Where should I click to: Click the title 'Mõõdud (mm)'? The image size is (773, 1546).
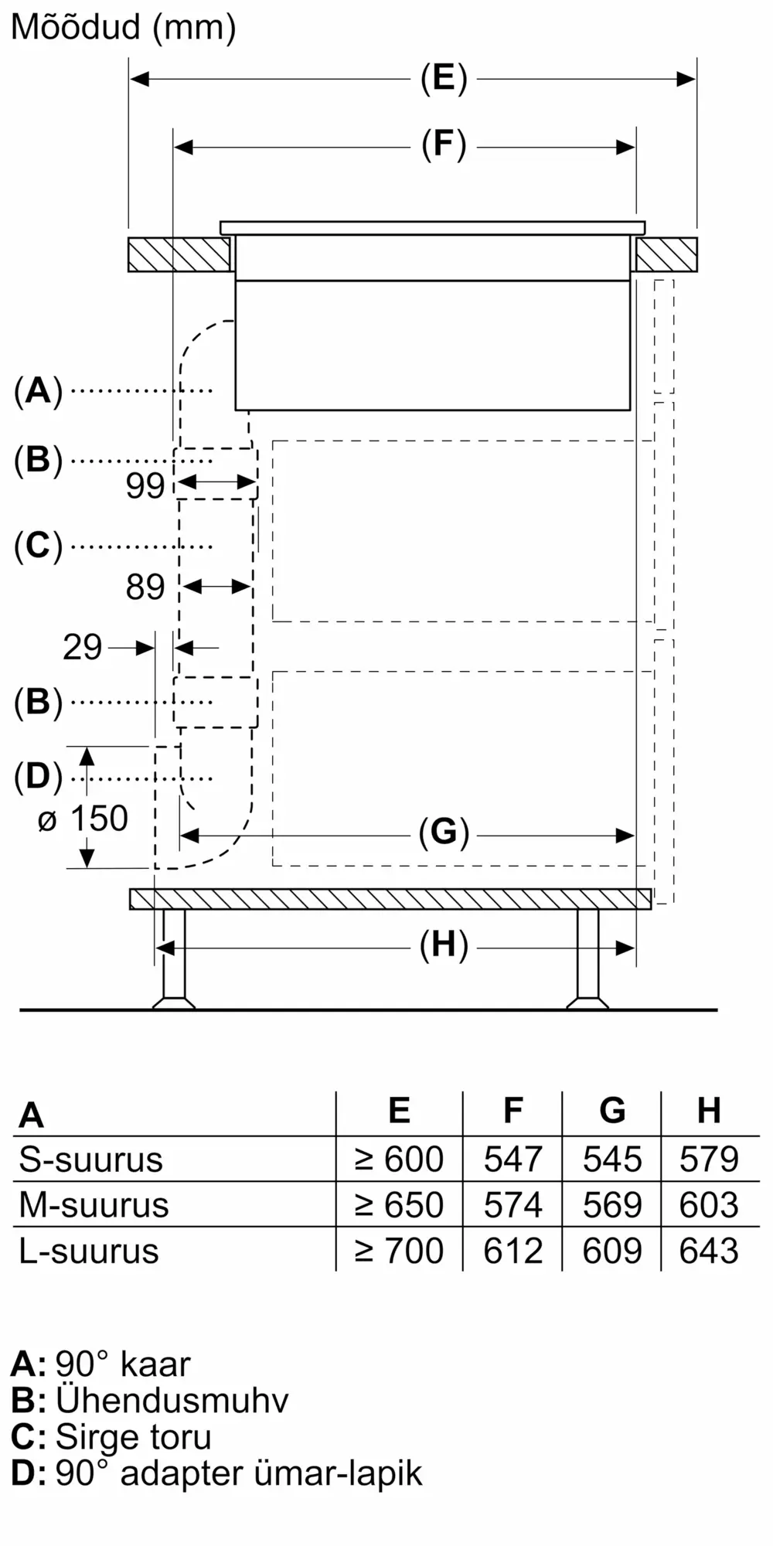(x=123, y=28)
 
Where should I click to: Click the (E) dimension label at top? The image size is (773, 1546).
(x=444, y=78)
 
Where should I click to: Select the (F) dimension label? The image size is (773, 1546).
(x=444, y=145)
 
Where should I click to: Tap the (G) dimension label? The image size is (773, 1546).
(x=444, y=833)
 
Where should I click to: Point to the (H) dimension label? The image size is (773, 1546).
(x=444, y=945)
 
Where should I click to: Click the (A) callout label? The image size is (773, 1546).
(x=38, y=390)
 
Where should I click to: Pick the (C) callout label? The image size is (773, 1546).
(x=38, y=546)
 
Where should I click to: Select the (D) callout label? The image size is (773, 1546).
(x=38, y=777)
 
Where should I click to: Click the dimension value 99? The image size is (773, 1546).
(x=145, y=485)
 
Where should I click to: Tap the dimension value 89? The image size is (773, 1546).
(x=145, y=587)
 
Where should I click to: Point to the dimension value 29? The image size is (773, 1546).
(x=82, y=647)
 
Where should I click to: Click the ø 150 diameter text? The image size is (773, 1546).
(x=83, y=819)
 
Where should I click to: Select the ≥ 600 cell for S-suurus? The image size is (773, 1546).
(x=399, y=1159)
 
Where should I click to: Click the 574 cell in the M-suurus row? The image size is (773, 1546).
(x=512, y=1205)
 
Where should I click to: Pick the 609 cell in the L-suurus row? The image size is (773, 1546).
(x=611, y=1251)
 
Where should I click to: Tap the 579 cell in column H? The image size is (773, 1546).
(x=709, y=1159)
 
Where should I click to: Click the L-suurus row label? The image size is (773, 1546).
(x=89, y=1251)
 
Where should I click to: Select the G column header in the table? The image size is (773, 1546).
(x=611, y=1111)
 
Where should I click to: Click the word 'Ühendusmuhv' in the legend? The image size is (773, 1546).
(x=172, y=1400)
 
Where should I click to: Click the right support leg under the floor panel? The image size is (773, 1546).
(x=587, y=959)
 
